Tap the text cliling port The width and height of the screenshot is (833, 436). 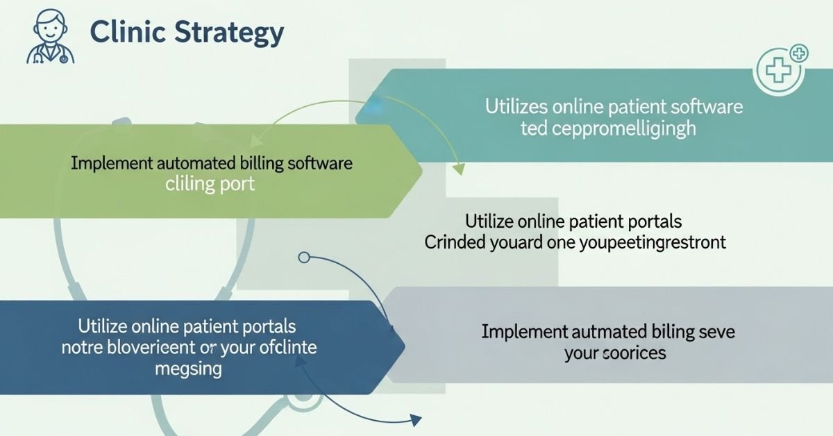tap(210, 185)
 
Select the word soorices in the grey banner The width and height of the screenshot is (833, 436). tap(634, 353)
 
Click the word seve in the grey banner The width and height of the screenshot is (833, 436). tap(716, 332)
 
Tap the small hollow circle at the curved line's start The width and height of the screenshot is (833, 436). tap(303, 258)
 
